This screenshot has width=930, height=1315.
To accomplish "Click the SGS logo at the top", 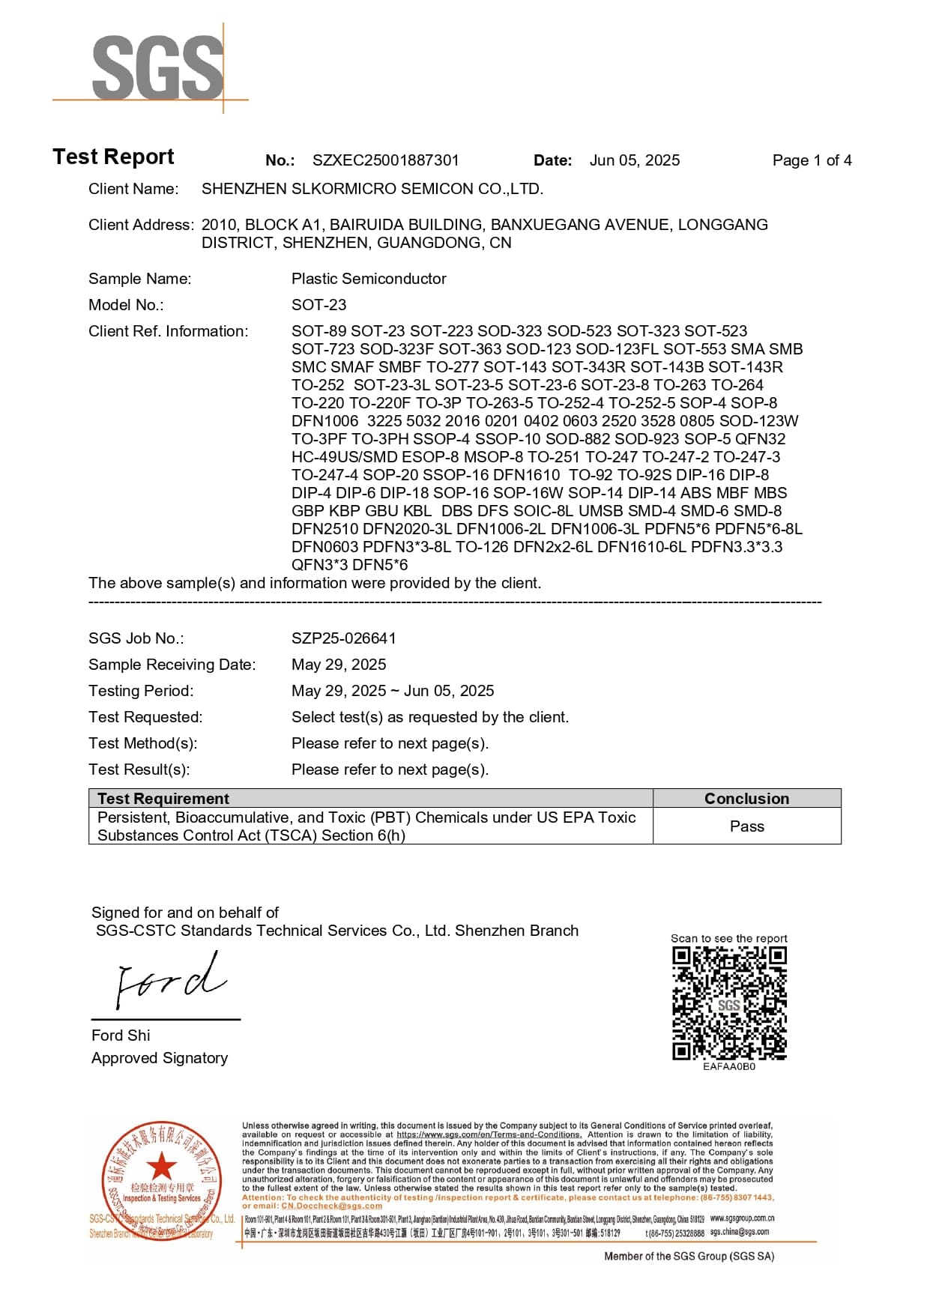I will coord(157,67).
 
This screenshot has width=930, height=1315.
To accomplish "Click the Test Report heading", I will coord(113,157).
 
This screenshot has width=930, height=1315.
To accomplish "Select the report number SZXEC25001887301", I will coord(385,160).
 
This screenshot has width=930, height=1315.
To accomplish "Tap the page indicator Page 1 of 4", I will coord(812,160).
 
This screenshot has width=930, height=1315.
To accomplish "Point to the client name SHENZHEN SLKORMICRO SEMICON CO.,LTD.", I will coord(372,189).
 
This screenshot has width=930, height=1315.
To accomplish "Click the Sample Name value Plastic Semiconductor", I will coord(369,279).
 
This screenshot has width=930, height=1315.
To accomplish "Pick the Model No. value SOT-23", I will coord(318,305).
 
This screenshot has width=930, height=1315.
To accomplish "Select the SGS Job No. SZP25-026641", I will coord(343,638).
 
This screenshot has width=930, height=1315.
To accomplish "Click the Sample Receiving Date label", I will coord(172,665).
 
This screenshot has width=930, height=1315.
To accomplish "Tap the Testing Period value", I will coord(393,691).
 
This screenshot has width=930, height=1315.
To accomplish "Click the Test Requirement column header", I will coord(163,799).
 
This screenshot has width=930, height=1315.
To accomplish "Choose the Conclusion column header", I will coord(746,799).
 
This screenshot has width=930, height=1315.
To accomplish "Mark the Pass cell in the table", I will coord(746,826).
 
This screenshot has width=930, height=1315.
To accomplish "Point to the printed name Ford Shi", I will coord(121,1036).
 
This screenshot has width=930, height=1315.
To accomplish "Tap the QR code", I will coord(729,1003).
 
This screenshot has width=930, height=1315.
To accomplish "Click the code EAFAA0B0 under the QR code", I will coord(729,1066).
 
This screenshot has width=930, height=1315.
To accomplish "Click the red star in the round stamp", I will coord(161,1167).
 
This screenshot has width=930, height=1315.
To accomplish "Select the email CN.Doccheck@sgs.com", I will coord(331,1206).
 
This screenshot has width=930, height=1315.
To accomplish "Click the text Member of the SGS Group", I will coord(689,1257).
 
